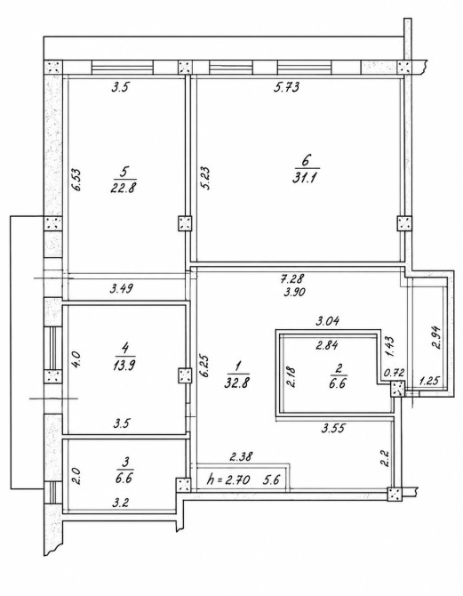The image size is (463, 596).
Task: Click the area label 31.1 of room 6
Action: click(x=304, y=178)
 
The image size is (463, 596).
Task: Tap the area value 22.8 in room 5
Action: click(x=123, y=189)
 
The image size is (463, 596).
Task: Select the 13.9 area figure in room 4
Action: click(x=124, y=366)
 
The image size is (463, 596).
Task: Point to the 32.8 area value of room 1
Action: click(x=236, y=383)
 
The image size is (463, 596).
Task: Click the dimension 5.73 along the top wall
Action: click(x=286, y=87)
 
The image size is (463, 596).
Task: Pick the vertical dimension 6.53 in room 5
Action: click(x=76, y=181)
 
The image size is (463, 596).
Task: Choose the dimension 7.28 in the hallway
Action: click(x=291, y=278)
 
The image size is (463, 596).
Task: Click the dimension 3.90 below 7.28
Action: click(x=294, y=293)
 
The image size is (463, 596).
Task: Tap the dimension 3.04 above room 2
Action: click(x=327, y=321)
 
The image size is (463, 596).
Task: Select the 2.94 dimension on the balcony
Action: click(x=435, y=337)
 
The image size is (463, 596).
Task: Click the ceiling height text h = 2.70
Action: click(x=228, y=480)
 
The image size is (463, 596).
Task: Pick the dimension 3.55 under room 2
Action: click(x=333, y=429)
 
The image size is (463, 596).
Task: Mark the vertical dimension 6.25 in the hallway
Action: click(x=206, y=366)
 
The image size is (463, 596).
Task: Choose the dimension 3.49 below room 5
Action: click(x=122, y=289)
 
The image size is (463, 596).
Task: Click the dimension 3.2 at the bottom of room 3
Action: click(x=120, y=503)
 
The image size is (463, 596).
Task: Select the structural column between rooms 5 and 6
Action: click(x=186, y=223)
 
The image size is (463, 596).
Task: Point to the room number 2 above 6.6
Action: click(x=339, y=367)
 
